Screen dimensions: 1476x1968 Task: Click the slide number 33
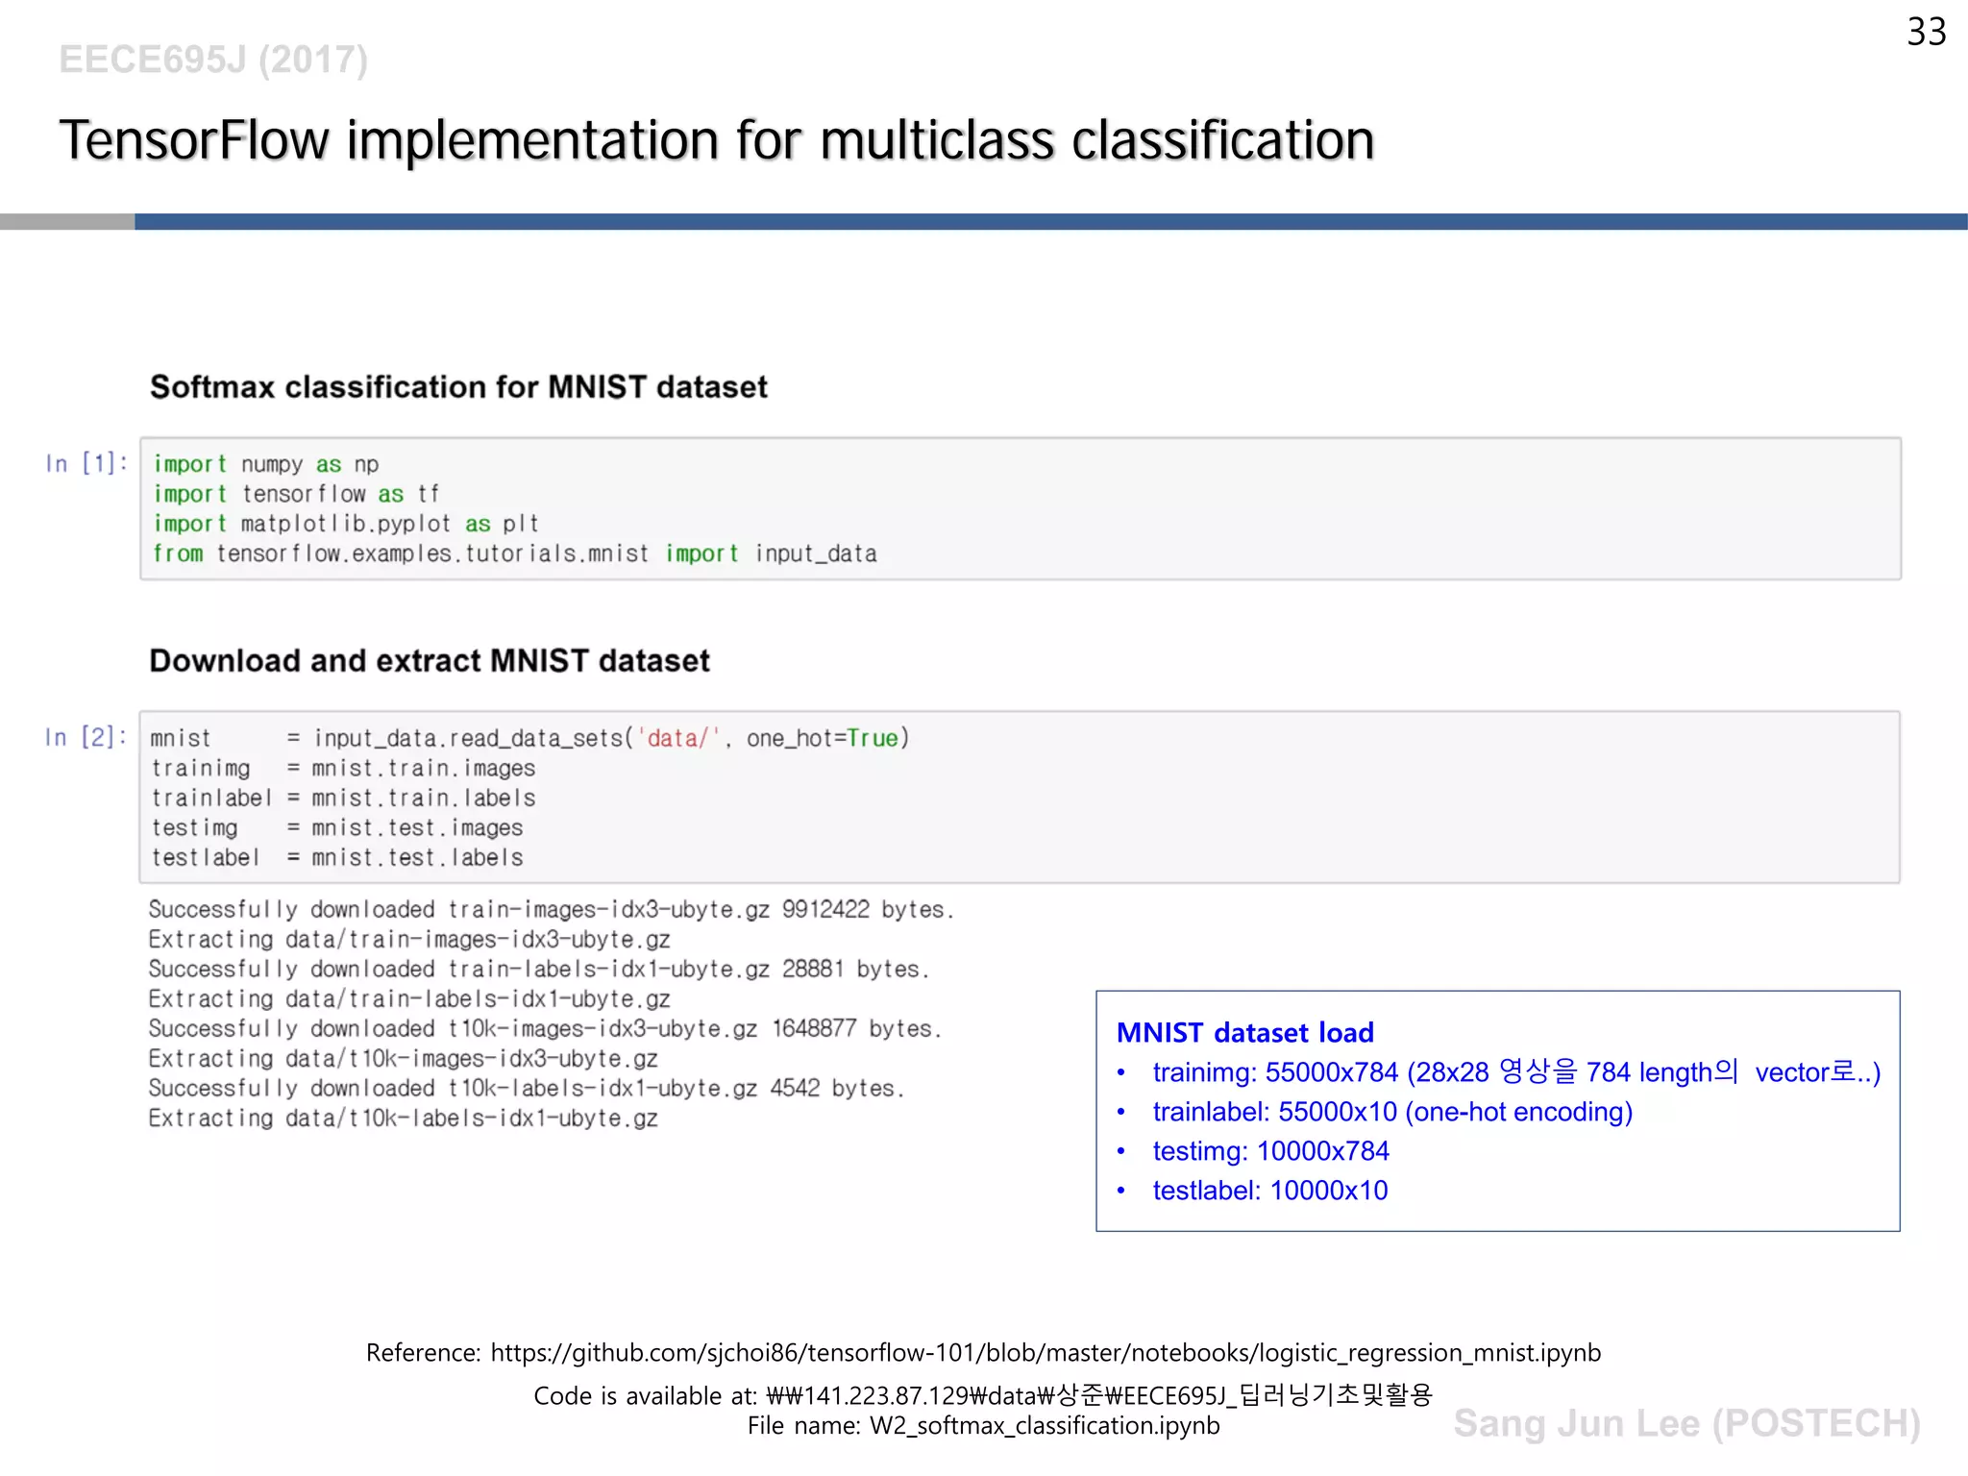pyautogui.click(x=1926, y=33)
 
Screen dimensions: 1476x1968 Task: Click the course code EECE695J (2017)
pyautogui.click(x=212, y=60)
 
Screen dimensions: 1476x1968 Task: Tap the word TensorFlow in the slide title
pyautogui.click(x=194, y=140)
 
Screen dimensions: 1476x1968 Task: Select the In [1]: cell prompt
pyautogui.click(x=86, y=463)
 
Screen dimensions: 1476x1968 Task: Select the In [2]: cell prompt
pyautogui.click(x=85, y=737)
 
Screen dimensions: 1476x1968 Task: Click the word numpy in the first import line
pyautogui.click(x=271, y=464)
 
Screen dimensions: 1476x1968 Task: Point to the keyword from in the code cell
pyautogui.click(x=178, y=553)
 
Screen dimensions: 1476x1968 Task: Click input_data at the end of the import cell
pyautogui.click(x=815, y=553)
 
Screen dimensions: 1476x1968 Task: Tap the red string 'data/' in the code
pyautogui.click(x=677, y=738)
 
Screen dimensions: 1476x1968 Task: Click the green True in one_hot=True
pyautogui.click(x=872, y=738)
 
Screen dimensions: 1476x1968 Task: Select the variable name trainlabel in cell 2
pyautogui.click(x=211, y=798)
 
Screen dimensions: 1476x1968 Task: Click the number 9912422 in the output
pyautogui.click(x=824, y=909)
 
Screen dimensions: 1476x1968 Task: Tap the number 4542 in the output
pyautogui.click(x=795, y=1088)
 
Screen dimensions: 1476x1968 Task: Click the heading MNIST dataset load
pyautogui.click(x=1244, y=1032)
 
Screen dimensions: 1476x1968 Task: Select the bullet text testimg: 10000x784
pyautogui.click(x=1270, y=1150)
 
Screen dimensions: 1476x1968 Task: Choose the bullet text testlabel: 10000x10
pyautogui.click(x=1269, y=1190)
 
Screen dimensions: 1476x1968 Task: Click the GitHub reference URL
pyautogui.click(x=1045, y=1352)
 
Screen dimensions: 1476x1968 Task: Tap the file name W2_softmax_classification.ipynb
pyautogui.click(x=1044, y=1425)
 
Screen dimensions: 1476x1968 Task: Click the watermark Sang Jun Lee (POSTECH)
pyautogui.click(x=1686, y=1423)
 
